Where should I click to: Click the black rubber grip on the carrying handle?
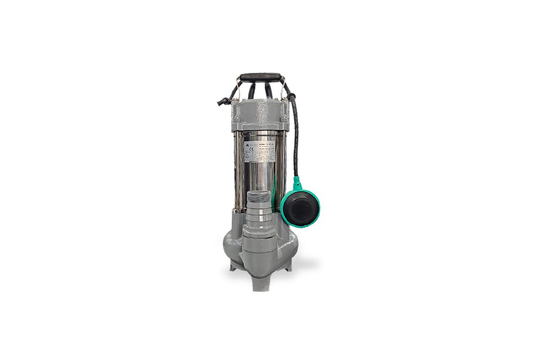click(x=260, y=77)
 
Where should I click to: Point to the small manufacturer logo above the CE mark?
click(x=247, y=144)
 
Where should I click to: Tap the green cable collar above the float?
click(x=297, y=182)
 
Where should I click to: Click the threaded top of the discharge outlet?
click(x=258, y=196)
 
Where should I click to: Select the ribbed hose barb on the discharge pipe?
click(x=258, y=215)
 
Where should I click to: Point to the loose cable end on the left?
click(x=223, y=101)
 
